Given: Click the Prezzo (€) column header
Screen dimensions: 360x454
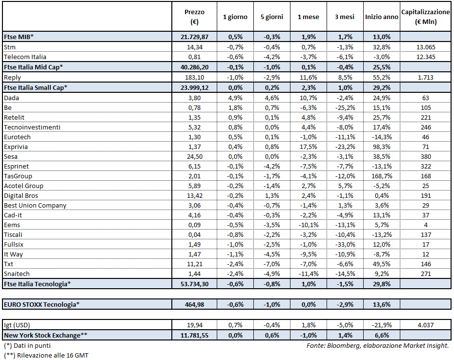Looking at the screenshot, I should coord(195,17).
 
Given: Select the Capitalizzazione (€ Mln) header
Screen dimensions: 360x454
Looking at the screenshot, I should coord(425,17).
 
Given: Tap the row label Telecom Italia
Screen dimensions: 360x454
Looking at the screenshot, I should coord(25,57).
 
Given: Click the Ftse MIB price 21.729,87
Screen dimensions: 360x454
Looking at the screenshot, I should coord(195,37).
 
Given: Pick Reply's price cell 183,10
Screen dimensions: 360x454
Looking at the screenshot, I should coord(195,78).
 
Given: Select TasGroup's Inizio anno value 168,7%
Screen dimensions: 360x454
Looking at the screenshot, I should coord(381,176).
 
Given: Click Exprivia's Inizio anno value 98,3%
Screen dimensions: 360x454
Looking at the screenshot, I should coord(381,147).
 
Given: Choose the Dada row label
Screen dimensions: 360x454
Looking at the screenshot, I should coord(11,98).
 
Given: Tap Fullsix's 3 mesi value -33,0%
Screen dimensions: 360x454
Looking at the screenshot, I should coord(344,244).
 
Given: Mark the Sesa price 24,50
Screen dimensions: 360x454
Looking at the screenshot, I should coord(195,156).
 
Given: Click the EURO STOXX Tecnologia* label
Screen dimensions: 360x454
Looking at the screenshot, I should coord(41,304).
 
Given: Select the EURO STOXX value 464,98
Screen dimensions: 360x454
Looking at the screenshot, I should coord(195,304).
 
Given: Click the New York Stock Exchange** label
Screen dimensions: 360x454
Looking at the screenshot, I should coord(47,335).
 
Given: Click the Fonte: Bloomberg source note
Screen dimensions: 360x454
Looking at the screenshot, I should coord(377,345).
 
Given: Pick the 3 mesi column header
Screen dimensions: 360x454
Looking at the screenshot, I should coord(344,17).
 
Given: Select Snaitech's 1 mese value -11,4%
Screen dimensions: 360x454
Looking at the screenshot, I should coord(308,274).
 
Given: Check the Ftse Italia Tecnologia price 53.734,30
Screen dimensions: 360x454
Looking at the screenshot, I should coord(195,284).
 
